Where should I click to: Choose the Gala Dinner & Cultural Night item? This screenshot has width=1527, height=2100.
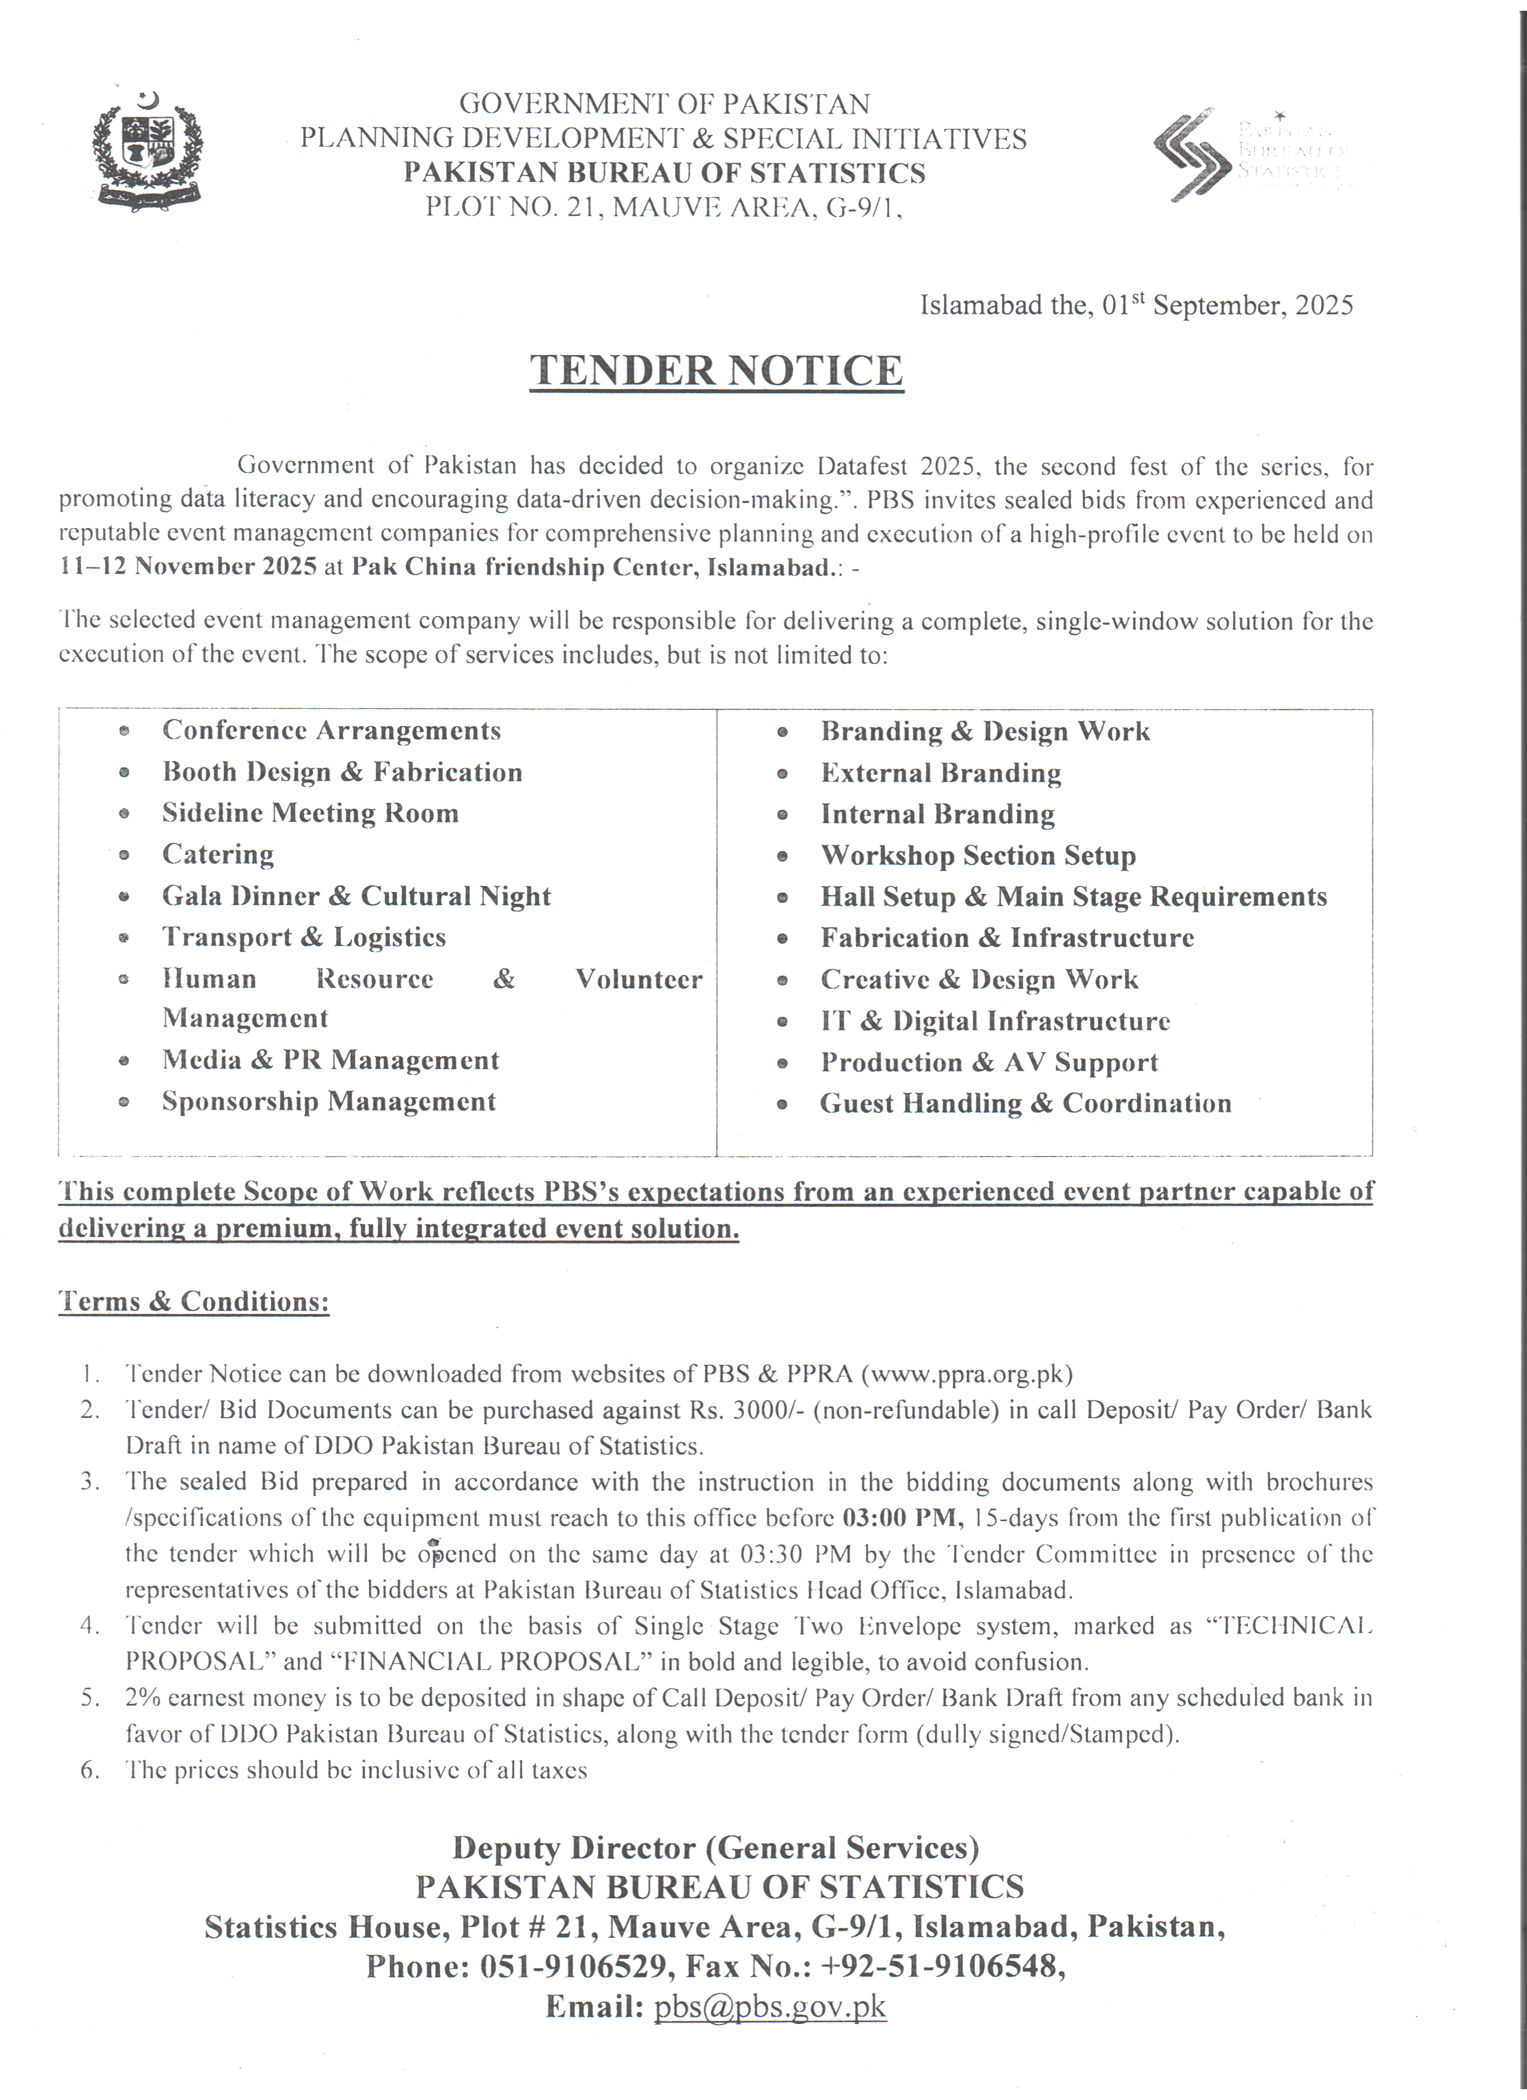356,896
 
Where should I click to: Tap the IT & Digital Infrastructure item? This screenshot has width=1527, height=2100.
995,1021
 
